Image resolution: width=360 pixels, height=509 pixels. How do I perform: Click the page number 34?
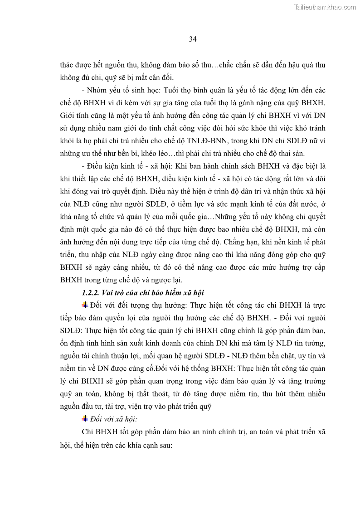(193, 39)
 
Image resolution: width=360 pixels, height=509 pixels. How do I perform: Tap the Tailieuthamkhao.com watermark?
(326, 7)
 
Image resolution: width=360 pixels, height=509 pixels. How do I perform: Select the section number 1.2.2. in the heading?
(92, 292)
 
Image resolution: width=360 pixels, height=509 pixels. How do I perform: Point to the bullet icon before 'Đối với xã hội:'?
(85, 418)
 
